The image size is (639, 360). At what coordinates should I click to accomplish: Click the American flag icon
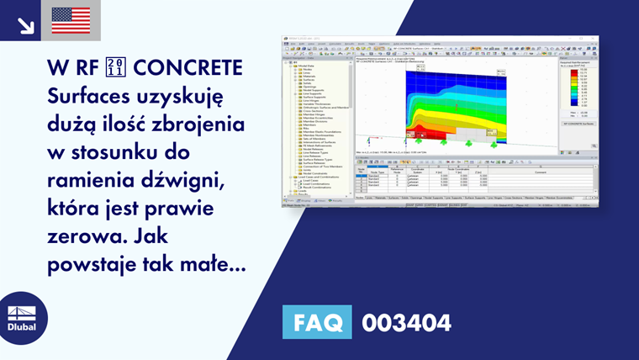[71, 20]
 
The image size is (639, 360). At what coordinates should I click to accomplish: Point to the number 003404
[407, 323]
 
